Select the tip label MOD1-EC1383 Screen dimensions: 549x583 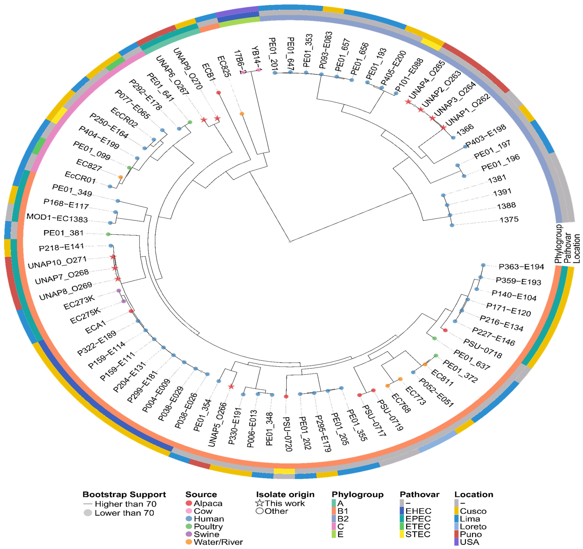pos(57,218)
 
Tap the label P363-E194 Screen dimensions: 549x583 pos(521,267)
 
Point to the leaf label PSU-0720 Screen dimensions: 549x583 pos(288,434)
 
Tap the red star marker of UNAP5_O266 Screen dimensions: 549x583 pos(231,387)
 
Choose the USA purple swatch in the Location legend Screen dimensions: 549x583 pos(456,542)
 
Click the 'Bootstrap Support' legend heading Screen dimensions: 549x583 pos(124,494)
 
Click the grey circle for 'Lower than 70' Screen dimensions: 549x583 pos(88,513)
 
